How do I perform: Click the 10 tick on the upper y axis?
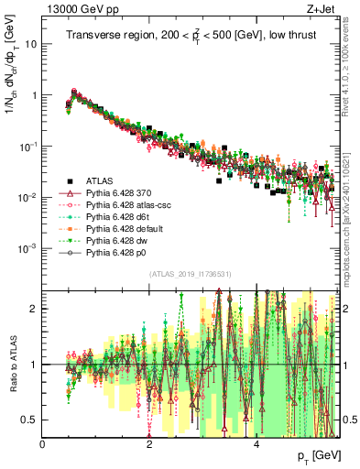[32, 44]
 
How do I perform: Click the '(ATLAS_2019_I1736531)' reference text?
[191, 275]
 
